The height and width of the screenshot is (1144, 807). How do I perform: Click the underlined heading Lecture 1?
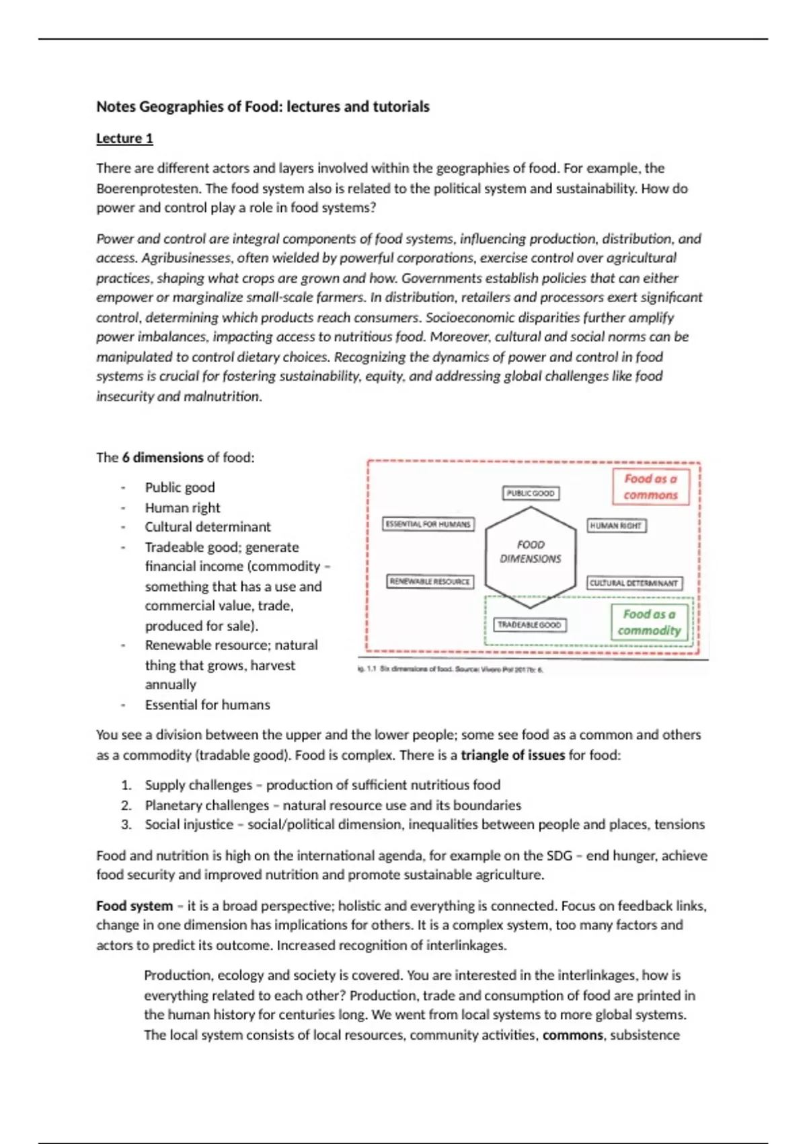tap(124, 139)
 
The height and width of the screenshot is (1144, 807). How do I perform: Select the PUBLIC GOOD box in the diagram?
tap(531, 493)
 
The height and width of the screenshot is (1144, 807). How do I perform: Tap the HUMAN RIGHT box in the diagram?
tap(616, 526)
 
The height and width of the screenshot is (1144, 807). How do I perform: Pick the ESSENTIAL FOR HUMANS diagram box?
tap(428, 524)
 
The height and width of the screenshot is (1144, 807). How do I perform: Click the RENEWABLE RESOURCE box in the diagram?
tap(430, 581)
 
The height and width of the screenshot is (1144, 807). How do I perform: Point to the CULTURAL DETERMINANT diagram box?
tap(633, 583)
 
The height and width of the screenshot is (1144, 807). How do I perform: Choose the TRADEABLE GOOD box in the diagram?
tap(529, 625)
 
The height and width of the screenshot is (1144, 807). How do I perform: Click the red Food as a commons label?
tap(650, 487)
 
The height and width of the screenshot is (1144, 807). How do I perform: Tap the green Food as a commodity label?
tap(649, 622)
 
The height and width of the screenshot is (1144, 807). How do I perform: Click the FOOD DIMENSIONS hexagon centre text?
tap(531, 551)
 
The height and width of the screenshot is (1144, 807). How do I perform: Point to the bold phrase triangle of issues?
tap(512, 755)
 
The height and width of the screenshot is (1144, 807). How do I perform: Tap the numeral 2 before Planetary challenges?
tap(126, 806)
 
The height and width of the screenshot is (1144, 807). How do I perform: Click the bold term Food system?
tap(134, 906)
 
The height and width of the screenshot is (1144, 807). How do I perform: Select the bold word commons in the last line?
tap(572, 1035)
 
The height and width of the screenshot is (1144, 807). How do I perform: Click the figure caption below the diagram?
tap(451, 670)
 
